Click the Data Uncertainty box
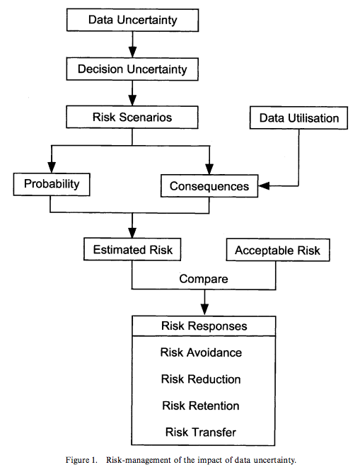(132, 21)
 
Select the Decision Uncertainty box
(132, 69)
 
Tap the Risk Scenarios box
(132, 117)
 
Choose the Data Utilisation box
(298, 118)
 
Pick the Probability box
(52, 184)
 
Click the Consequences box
(209, 186)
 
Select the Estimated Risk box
(132, 250)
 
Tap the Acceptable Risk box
(278, 250)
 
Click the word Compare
(204, 279)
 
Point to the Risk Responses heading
(204, 326)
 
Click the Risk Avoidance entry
(201, 352)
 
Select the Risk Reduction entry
(201, 379)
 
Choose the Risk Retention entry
(201, 405)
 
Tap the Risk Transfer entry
(201, 432)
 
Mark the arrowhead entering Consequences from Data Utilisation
(264, 186)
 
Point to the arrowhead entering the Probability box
(52, 168)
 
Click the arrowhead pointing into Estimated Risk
(132, 233)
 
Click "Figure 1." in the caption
(81, 460)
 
